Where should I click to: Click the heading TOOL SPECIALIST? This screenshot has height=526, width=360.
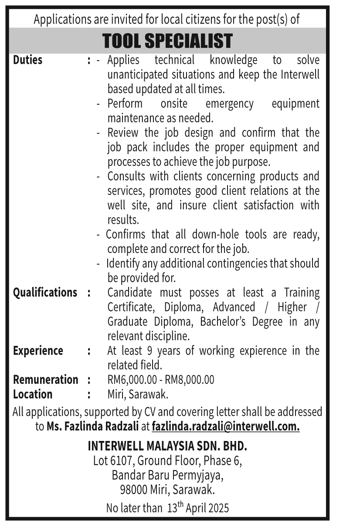(167, 41)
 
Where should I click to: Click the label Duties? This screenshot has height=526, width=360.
(28, 60)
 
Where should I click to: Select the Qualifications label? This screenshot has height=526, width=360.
(45, 292)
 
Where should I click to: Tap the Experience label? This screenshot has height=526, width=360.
(38, 351)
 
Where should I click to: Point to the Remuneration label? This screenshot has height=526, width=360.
(46, 379)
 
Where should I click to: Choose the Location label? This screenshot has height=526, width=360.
(33, 394)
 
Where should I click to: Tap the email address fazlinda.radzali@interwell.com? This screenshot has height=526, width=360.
(226, 426)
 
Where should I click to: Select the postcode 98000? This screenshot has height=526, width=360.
(133, 490)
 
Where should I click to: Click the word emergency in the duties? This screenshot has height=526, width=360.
(229, 104)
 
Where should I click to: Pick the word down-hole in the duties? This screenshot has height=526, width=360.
(211, 235)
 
